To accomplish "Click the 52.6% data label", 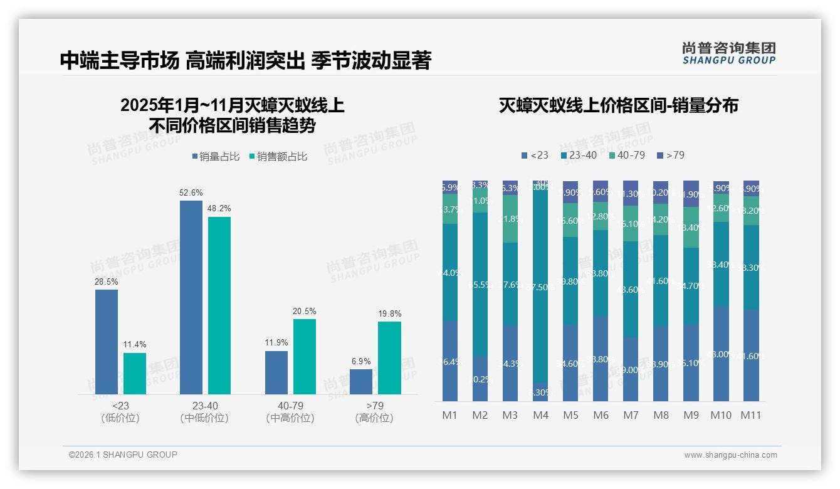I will click(x=192, y=193).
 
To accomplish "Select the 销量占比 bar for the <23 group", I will click(x=107, y=342).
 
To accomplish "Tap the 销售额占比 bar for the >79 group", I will click(x=389, y=357).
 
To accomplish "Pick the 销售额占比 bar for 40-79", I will click(x=305, y=356).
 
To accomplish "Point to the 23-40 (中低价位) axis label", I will click(x=204, y=412).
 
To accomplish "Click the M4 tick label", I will click(x=540, y=415).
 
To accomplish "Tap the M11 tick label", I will click(x=751, y=415).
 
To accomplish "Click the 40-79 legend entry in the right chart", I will click(x=626, y=155).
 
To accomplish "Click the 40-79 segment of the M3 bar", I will click(x=510, y=219).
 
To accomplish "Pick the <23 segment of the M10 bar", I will click(x=721, y=354).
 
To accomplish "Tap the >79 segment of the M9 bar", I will click(x=691, y=194).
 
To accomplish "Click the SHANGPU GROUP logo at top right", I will click(x=728, y=53).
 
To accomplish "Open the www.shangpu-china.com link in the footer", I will click(x=730, y=455).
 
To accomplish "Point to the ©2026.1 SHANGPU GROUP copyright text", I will click(x=123, y=455).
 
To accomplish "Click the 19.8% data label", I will click(x=389, y=313).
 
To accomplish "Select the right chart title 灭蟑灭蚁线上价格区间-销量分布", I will click(x=618, y=105).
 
